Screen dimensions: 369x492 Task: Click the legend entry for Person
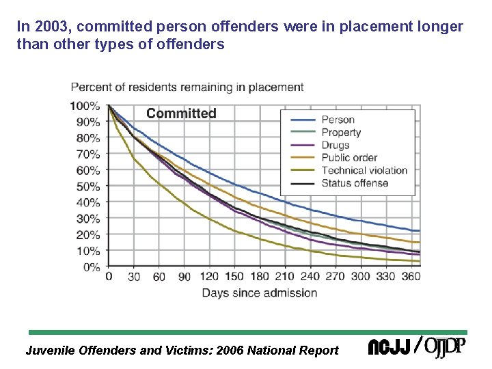click(x=338, y=120)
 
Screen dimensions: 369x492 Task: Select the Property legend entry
click(x=341, y=133)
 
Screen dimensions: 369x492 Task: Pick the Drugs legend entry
click(x=335, y=145)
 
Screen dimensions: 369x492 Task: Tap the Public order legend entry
click(x=349, y=158)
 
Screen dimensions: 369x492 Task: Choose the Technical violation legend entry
click(x=364, y=170)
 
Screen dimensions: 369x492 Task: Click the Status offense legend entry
click(x=355, y=182)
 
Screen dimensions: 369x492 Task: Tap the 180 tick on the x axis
click(x=260, y=277)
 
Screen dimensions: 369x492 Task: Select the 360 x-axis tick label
click(x=410, y=277)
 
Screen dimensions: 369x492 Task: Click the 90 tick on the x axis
click(x=184, y=277)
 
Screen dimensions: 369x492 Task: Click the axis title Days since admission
click(x=259, y=293)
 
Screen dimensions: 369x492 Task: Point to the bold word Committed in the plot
click(x=181, y=113)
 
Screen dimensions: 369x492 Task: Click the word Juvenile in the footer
click(x=49, y=351)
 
